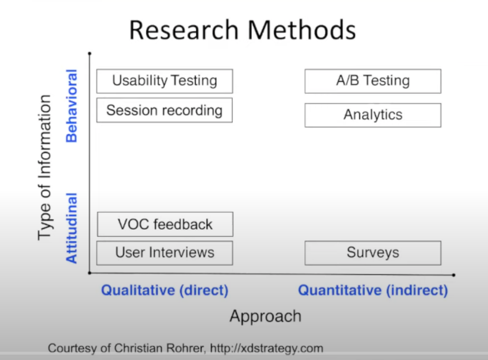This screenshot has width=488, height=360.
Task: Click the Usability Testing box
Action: [x=165, y=81]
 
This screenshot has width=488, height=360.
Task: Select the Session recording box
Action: [x=164, y=110]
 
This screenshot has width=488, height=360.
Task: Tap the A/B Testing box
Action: [x=373, y=81]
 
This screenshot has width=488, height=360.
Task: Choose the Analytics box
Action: [x=373, y=115]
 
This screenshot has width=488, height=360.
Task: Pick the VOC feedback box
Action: [x=165, y=224]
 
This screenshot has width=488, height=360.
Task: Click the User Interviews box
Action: [x=165, y=253]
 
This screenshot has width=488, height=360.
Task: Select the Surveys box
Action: [x=373, y=253]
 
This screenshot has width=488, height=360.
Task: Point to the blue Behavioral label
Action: [x=71, y=106]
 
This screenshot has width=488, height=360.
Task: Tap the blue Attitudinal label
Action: [x=71, y=228]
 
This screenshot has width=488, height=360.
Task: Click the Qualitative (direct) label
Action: [x=165, y=290]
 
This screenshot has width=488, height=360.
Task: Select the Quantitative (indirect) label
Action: [x=373, y=290]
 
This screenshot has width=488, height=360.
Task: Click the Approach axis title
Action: [x=265, y=317]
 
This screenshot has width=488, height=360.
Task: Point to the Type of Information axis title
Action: [x=45, y=167]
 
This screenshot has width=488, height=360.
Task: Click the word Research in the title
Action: [x=184, y=30]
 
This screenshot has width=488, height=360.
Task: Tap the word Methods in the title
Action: [x=301, y=30]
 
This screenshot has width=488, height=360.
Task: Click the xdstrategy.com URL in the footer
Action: [x=267, y=348]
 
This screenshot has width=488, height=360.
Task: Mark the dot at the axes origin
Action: [x=89, y=273]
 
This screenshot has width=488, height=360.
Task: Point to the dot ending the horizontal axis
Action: [x=454, y=275]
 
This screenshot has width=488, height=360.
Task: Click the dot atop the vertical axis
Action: [x=89, y=54]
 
